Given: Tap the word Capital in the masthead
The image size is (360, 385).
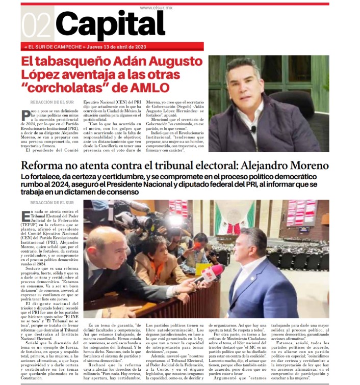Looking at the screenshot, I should tap(110, 24).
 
